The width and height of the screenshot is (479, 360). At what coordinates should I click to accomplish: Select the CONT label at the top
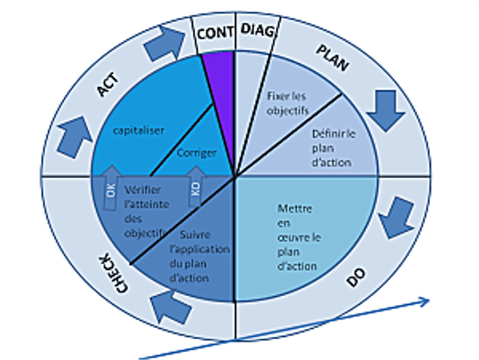(x=216, y=32)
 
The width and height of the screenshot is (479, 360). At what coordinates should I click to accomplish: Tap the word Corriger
(x=196, y=153)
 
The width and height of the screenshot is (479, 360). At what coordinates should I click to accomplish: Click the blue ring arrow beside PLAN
(x=384, y=111)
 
